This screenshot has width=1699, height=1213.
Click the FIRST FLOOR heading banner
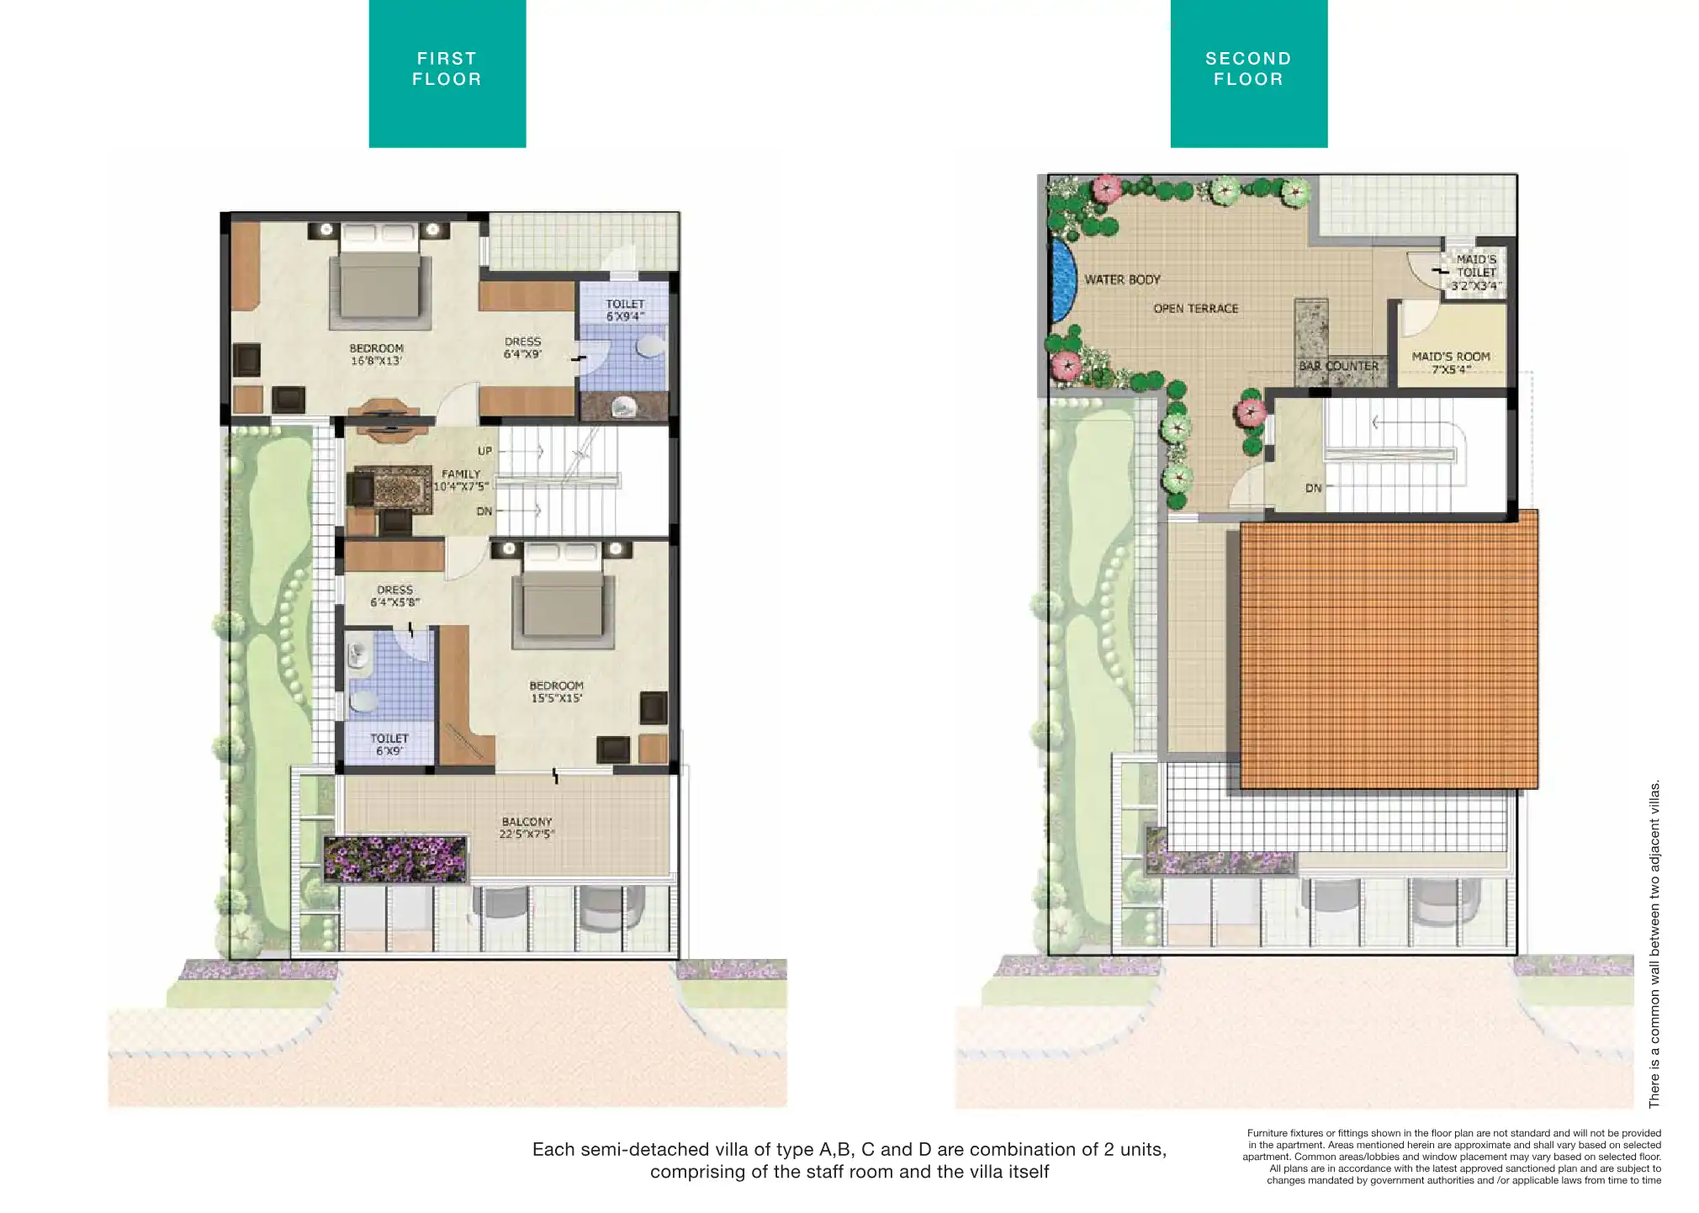pos(447,73)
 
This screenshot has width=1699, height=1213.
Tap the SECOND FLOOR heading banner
pos(1248,73)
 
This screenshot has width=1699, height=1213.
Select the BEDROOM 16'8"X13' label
pos(376,354)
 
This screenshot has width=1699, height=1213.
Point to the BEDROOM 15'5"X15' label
pos(556,691)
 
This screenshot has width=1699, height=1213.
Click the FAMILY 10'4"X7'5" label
pos(461,480)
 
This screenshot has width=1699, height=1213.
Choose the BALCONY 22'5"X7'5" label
pos(527,828)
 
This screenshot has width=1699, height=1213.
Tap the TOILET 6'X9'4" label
pos(625,310)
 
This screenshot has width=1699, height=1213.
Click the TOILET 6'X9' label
pos(389,744)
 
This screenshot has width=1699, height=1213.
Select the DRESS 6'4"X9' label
pos(522,347)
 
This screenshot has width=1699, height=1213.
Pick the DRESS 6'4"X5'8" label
pos(394,596)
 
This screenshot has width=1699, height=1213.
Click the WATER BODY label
pos(1122,279)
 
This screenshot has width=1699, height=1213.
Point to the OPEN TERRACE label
pos(1196,309)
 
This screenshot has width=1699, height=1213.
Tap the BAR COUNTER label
pos(1339,366)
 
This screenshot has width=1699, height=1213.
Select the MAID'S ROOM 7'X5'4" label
pos(1451,363)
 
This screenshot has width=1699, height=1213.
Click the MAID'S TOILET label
pos(1476,266)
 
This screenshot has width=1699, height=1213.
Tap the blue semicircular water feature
pos(1064,279)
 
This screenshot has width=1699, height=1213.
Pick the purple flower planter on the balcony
pos(395,859)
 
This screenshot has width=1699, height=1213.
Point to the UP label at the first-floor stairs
pos(485,451)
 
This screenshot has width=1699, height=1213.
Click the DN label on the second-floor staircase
pos(1313,488)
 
